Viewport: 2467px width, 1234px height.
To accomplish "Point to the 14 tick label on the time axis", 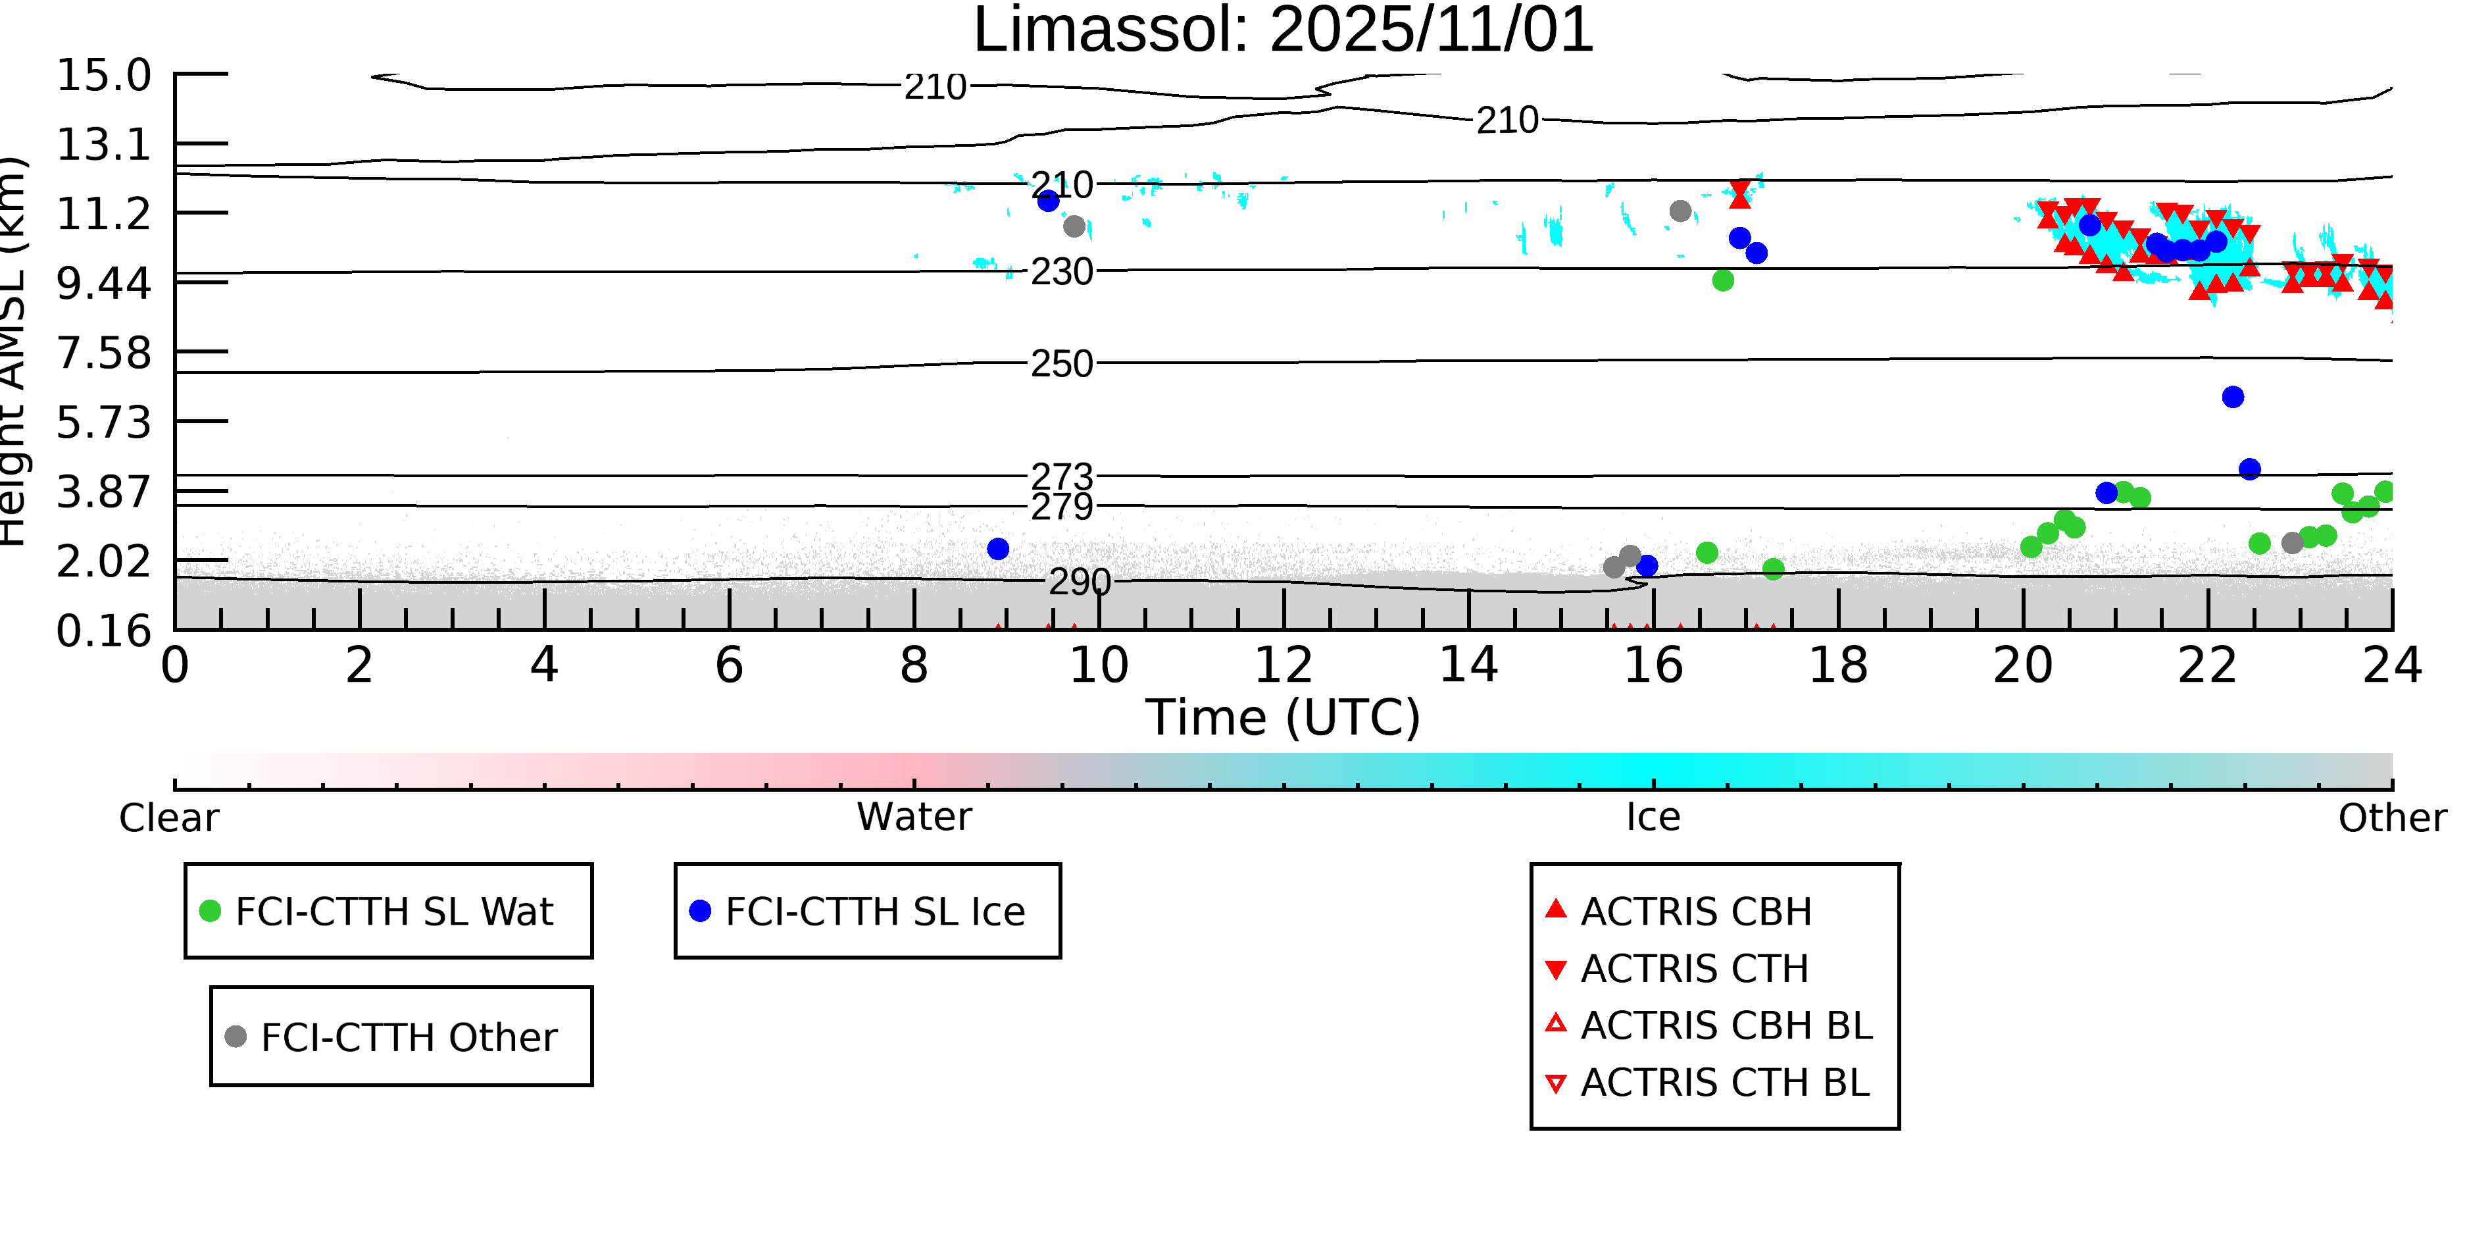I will pos(1468,666).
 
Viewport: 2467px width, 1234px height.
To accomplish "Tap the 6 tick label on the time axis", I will pos(729,666).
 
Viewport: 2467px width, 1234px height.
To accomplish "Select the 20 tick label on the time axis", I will pos(2023,666).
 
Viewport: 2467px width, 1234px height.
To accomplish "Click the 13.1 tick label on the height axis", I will pos(103,145).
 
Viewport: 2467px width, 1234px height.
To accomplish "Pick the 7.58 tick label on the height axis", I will pos(103,353).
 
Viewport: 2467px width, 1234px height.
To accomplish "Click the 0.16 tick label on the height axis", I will pos(103,631).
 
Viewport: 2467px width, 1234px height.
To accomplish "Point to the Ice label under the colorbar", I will pos(1653,818).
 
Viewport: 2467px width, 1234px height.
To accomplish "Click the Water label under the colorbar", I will pos(914,817).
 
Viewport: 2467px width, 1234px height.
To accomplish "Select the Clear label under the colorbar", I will pos(168,818).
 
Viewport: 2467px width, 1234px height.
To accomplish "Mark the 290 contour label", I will pos(1080,582).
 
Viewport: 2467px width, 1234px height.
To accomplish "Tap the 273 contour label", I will pos(1061,476).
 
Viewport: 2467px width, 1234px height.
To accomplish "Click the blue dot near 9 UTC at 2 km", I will pos(998,549).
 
